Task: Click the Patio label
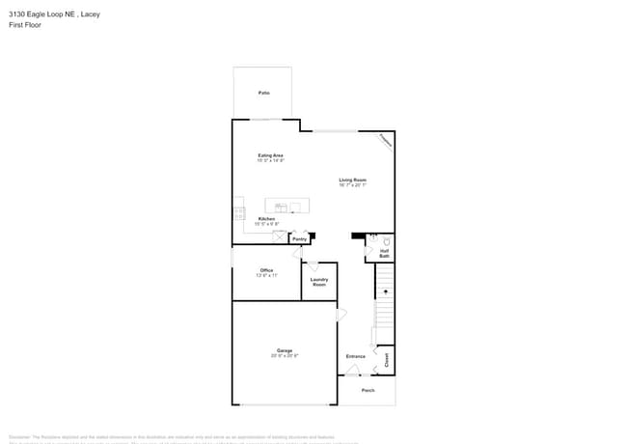click(263, 93)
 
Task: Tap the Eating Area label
click(270, 155)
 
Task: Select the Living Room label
click(352, 180)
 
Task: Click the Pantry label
click(299, 238)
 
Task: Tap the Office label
click(266, 270)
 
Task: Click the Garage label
click(285, 350)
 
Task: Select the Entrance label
click(356, 356)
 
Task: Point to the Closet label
click(387, 359)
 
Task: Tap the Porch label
click(368, 390)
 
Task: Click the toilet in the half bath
click(387, 241)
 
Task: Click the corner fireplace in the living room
click(385, 141)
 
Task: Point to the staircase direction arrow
click(385, 291)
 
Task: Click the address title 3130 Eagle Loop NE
click(54, 14)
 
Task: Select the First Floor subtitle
click(23, 26)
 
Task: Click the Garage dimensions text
click(285, 356)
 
